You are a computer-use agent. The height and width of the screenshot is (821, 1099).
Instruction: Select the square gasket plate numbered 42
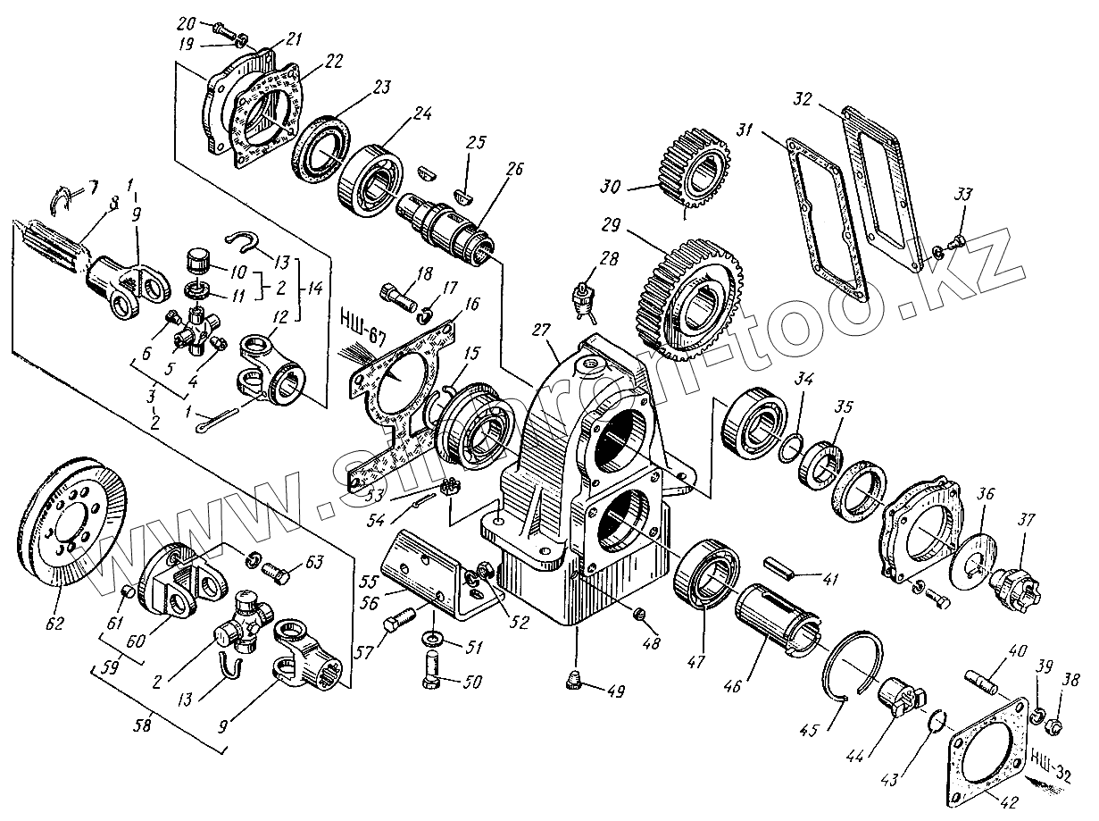point(987,750)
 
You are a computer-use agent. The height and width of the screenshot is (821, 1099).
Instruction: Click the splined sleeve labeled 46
point(778,612)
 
